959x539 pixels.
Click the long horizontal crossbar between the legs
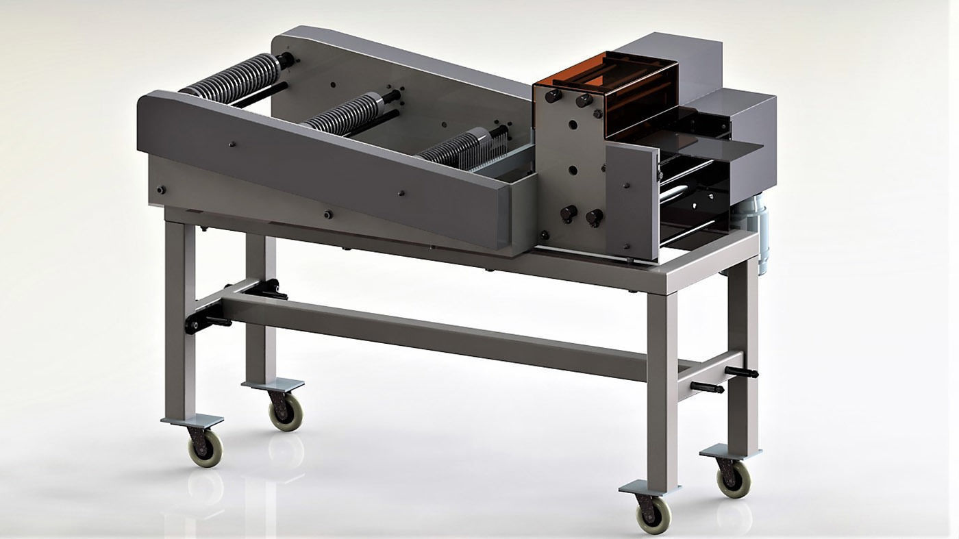coord(432,336)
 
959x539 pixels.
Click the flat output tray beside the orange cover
coord(706,145)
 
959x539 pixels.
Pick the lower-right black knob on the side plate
coord(593,217)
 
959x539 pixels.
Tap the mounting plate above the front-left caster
coord(192,421)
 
